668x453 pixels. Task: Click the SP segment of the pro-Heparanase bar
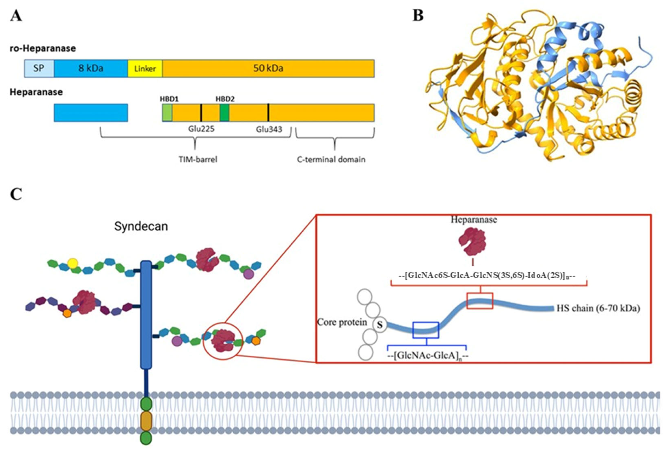pyautogui.click(x=39, y=68)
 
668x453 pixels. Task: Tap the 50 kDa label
pyautogui.click(x=268, y=68)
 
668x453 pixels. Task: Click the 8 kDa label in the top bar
pyautogui.click(x=91, y=68)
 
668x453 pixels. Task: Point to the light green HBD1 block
pyautogui.click(x=167, y=112)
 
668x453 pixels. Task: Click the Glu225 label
pyautogui.click(x=201, y=129)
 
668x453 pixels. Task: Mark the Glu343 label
pyautogui.click(x=269, y=129)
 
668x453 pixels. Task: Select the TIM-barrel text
pyautogui.click(x=198, y=159)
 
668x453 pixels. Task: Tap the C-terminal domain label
pyautogui.click(x=331, y=159)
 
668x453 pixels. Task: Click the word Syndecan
pyautogui.click(x=141, y=226)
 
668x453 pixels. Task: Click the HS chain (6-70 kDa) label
pyautogui.click(x=598, y=308)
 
